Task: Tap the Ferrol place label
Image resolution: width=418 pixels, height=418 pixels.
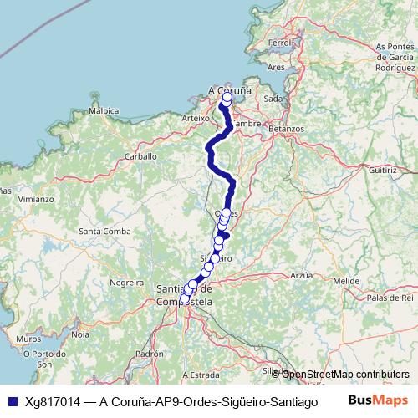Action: click(278, 42)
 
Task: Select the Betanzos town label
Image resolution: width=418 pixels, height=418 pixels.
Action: click(286, 130)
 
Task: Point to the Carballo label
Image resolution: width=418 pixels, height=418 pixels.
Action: click(140, 156)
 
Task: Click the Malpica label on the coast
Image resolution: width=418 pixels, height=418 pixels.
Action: click(104, 110)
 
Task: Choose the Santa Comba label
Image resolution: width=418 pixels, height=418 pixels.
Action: click(101, 231)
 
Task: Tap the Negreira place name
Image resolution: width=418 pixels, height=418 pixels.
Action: click(128, 283)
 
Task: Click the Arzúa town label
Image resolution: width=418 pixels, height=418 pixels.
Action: click(301, 274)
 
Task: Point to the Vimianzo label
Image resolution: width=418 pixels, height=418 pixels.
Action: click(37, 200)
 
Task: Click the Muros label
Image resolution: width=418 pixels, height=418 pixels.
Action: click(28, 340)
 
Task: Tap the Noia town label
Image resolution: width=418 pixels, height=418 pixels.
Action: click(80, 334)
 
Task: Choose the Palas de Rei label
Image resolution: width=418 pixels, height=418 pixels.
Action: click(390, 297)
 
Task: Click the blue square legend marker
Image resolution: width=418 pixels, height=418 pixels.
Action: click(12, 400)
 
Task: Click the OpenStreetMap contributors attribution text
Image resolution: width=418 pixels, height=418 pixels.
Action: click(345, 374)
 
